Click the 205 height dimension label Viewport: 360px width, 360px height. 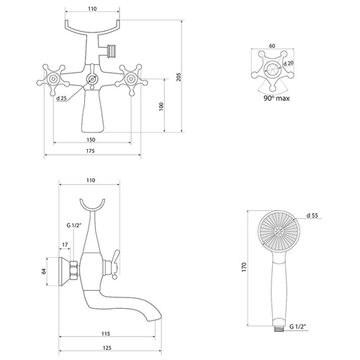pyautogui.click(x=179, y=77)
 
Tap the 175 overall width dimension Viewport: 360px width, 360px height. pyautogui.click(x=90, y=151)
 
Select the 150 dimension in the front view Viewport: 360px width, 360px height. pyautogui.click(x=91, y=140)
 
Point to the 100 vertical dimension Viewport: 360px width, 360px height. pyautogui.click(x=161, y=106)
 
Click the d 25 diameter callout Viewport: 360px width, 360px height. pyautogui.click(x=61, y=98)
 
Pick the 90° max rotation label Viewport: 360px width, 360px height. pyautogui.click(x=276, y=98)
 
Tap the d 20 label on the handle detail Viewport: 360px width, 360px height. pyautogui.click(x=289, y=63)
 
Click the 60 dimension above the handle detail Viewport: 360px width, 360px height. pyautogui.click(x=272, y=45)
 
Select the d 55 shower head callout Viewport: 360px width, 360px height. pyautogui.click(x=312, y=215)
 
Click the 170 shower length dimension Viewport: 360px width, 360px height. pyautogui.click(x=244, y=267)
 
